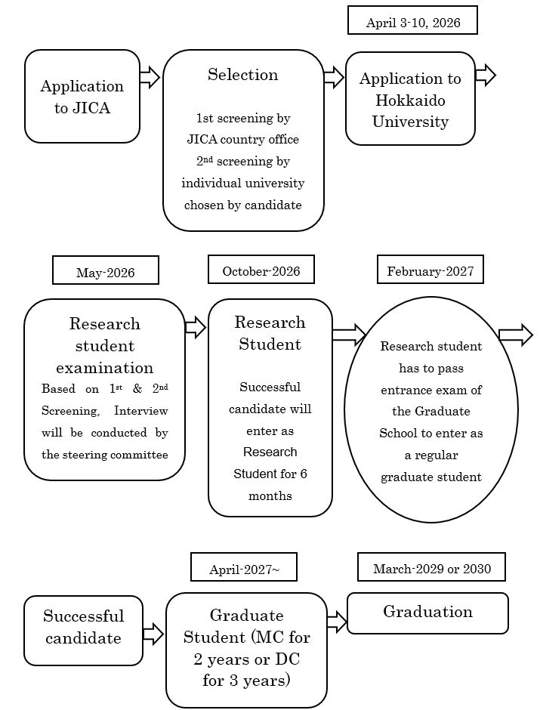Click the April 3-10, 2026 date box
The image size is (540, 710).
click(412, 21)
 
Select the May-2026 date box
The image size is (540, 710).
click(105, 271)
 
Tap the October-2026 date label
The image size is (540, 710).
click(261, 270)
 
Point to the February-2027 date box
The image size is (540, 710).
click(430, 270)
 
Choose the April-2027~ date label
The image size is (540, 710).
click(243, 568)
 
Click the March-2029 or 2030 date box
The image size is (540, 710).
click(431, 567)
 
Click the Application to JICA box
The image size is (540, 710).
click(82, 97)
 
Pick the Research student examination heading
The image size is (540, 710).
click(104, 346)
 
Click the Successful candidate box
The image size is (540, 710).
click(82, 627)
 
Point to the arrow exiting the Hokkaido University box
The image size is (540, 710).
click(485, 76)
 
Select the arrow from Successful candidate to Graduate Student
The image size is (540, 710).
click(153, 634)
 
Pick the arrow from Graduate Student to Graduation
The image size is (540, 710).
click(337, 622)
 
